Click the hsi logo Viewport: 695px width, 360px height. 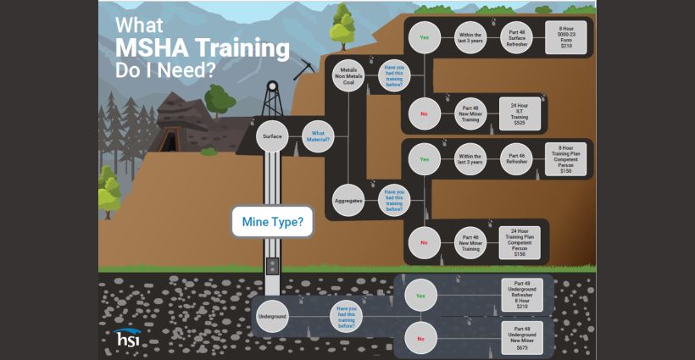(x=129, y=336)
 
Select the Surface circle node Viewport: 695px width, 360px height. (x=272, y=136)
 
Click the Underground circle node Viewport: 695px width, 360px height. (x=272, y=316)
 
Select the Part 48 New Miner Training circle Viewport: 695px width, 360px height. (x=471, y=113)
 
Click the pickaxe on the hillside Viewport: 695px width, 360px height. (x=303, y=69)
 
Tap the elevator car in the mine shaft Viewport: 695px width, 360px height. (x=272, y=267)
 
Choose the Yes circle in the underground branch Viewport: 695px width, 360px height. (x=420, y=296)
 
